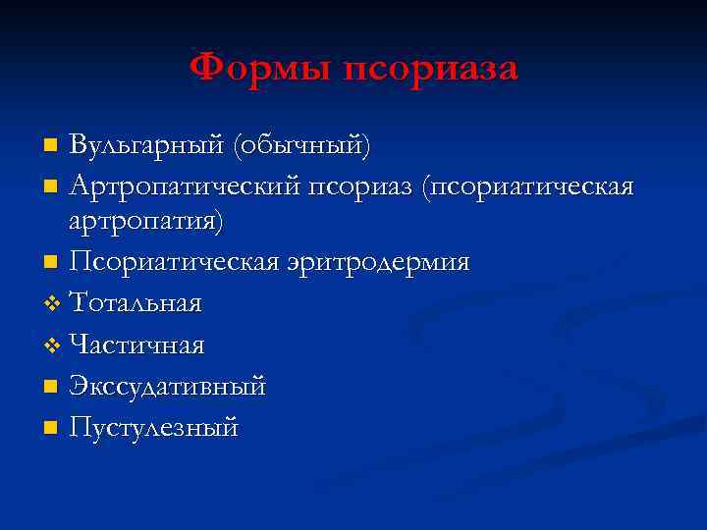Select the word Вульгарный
pyautogui.click(x=146, y=147)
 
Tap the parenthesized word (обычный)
pyautogui.click(x=301, y=147)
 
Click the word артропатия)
pyautogui.click(x=146, y=223)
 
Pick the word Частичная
pyautogui.click(x=136, y=345)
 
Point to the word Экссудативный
pyautogui.click(x=168, y=387)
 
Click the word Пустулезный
pyautogui.click(x=154, y=428)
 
